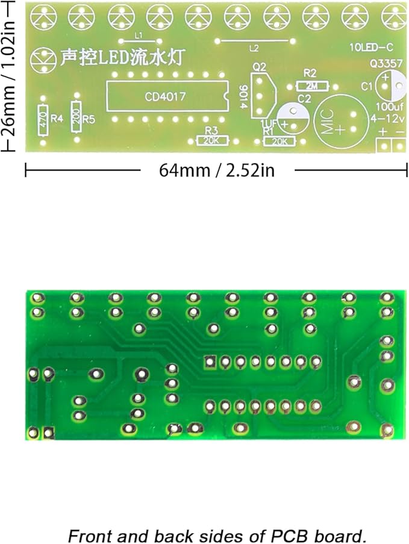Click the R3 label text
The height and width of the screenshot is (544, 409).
click(x=211, y=130)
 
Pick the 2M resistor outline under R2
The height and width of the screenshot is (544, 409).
click(x=312, y=87)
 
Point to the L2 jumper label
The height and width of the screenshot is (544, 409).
click(x=254, y=48)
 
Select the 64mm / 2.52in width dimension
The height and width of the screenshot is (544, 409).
click(x=216, y=170)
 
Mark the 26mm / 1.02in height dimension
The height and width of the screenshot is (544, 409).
click(x=8, y=75)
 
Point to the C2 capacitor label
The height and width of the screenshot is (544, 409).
click(x=304, y=99)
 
